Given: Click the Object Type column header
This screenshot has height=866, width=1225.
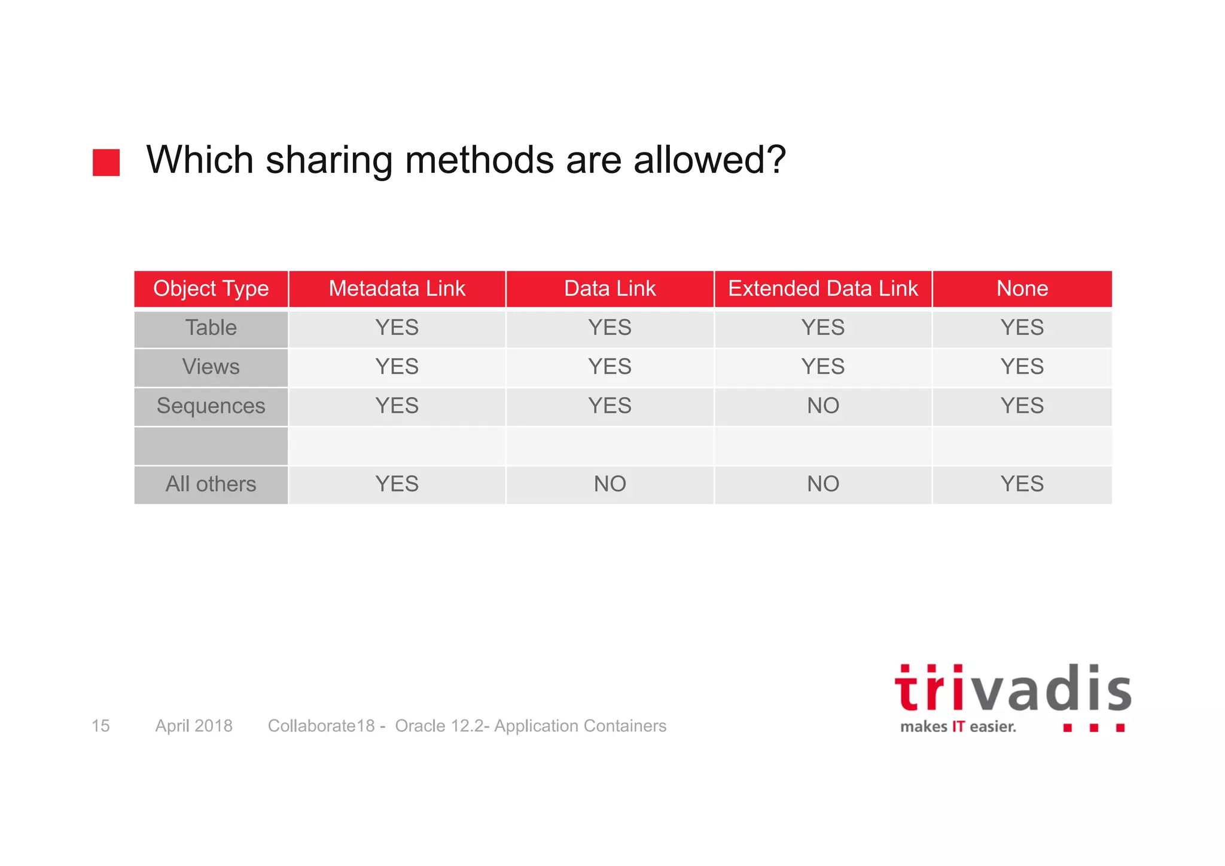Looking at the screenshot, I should pyautogui.click(x=211, y=289).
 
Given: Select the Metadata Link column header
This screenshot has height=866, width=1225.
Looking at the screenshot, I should pyautogui.click(x=397, y=289).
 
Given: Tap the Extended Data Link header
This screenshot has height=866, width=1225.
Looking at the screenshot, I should pyautogui.click(x=822, y=289).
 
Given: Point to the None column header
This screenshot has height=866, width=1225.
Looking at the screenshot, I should pyautogui.click(x=1022, y=289).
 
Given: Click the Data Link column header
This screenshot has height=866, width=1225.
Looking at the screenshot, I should pyautogui.click(x=610, y=289).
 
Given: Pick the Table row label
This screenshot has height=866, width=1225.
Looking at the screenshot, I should pyautogui.click(x=211, y=328).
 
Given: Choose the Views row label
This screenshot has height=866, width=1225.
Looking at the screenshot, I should pyautogui.click(x=211, y=367).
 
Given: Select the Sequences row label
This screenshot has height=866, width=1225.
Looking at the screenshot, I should pyautogui.click(x=211, y=406).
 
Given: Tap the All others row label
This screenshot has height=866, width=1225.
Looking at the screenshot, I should pyautogui.click(x=211, y=484).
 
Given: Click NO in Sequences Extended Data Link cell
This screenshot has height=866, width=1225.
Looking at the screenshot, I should pyautogui.click(x=823, y=406).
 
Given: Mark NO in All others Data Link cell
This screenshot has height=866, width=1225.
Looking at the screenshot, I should pyautogui.click(x=610, y=484).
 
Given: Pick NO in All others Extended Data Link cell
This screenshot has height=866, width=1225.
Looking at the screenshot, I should pyautogui.click(x=823, y=484).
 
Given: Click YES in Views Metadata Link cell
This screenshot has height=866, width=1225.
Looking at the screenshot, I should pyautogui.click(x=397, y=367).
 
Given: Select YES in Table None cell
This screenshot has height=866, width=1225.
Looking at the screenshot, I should pyautogui.click(x=1022, y=328).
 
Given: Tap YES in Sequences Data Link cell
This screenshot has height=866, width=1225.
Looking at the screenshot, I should pyautogui.click(x=610, y=406).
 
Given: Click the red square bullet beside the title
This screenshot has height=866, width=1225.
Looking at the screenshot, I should pyautogui.click(x=106, y=163).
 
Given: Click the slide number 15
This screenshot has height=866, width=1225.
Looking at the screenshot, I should pyautogui.click(x=100, y=726).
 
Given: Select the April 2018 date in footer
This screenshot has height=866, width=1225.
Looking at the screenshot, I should pyautogui.click(x=194, y=726).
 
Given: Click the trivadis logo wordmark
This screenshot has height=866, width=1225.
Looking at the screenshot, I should pyautogui.click(x=1012, y=690).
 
